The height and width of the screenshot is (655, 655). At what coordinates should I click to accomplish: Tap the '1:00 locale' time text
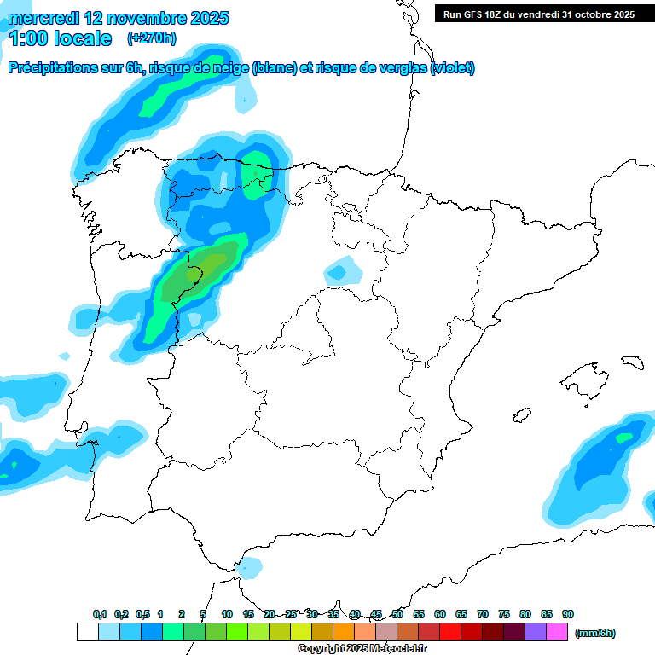coord(61,38)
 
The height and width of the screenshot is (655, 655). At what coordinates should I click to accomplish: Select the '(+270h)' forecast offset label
coord(151,38)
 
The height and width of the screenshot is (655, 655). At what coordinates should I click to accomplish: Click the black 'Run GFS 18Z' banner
coord(538,14)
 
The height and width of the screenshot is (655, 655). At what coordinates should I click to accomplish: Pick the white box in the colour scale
coord(87,632)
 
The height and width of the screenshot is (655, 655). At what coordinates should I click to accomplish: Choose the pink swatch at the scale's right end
coord(557,632)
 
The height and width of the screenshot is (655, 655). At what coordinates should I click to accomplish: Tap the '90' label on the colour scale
coord(568,614)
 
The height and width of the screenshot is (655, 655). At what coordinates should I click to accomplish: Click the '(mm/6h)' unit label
coord(595,633)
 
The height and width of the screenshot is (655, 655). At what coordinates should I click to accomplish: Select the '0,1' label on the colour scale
coord(100,614)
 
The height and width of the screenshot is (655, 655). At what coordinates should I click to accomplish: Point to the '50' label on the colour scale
coord(397,614)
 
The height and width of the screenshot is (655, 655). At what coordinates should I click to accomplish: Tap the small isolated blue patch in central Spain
coord(343,272)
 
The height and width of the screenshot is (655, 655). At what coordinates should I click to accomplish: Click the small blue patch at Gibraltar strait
coord(250,566)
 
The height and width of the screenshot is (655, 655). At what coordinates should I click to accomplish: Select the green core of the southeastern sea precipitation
coord(625,438)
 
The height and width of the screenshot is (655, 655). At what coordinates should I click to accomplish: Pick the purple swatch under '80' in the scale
coord(536,632)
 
